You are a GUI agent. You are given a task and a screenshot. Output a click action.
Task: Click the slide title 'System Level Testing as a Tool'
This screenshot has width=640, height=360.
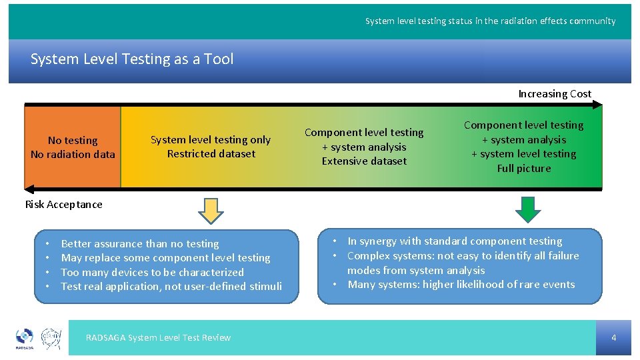tap(132, 59)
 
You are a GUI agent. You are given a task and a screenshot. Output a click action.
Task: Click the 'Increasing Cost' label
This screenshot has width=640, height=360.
tap(555, 94)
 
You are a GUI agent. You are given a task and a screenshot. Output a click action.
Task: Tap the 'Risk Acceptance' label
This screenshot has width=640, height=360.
tap(64, 205)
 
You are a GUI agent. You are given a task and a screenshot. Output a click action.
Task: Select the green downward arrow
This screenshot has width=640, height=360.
tap(528, 210)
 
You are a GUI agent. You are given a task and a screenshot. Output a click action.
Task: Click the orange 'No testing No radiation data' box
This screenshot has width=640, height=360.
tap(73, 147)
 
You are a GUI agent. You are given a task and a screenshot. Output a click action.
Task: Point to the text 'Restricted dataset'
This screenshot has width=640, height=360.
tap(211, 154)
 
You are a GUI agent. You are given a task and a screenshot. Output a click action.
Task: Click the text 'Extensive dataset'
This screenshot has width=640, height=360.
tap(364, 161)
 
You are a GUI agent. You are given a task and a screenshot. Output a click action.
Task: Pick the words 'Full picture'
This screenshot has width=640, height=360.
tap(524, 169)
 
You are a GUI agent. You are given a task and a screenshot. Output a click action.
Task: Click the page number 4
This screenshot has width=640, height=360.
tap(613, 338)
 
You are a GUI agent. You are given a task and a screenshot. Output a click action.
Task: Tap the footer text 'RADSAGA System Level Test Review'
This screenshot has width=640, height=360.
tap(158, 338)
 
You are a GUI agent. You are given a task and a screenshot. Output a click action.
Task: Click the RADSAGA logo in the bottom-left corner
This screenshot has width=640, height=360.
tap(25, 338)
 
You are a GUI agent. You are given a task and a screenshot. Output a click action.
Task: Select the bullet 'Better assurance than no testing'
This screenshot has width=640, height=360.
tap(140, 244)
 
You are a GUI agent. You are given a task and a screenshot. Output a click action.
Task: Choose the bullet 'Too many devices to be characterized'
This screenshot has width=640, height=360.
tap(152, 273)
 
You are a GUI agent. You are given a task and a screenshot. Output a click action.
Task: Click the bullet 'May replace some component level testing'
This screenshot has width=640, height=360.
tap(165, 258)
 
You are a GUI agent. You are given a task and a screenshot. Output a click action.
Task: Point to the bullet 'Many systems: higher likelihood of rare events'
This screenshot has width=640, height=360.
tap(461, 285)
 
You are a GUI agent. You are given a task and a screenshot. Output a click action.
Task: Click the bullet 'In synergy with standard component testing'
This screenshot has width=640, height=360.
tap(455, 241)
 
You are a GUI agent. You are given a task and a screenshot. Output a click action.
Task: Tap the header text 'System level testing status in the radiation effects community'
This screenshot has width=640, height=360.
tap(490, 21)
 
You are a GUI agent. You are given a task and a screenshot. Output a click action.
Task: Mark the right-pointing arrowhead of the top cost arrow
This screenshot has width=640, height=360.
tap(597, 105)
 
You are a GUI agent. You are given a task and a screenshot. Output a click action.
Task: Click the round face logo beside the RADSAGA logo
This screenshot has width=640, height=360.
tap(51, 338)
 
